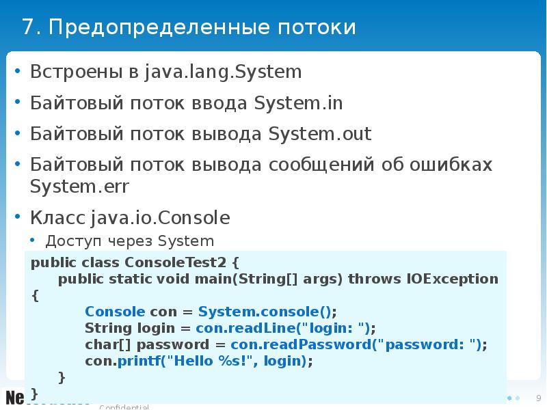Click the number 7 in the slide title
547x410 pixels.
(x=27, y=27)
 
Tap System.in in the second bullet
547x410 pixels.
(x=298, y=103)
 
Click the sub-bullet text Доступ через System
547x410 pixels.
(x=130, y=241)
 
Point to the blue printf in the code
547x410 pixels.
(x=130, y=361)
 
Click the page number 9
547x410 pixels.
(x=538, y=398)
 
